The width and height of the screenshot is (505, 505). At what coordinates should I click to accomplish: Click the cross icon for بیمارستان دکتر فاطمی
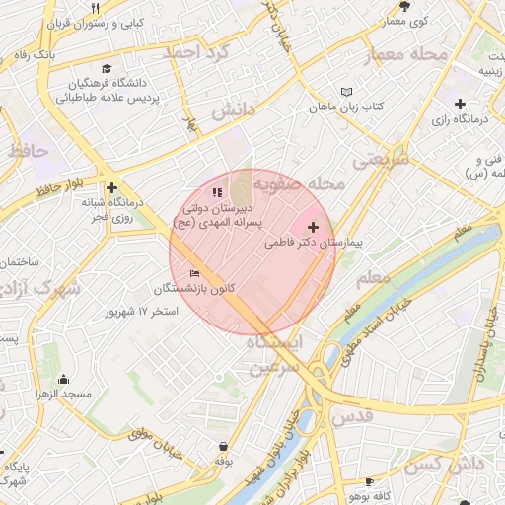[x=314, y=228]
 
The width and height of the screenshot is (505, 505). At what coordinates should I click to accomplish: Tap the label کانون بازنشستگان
[x=193, y=289]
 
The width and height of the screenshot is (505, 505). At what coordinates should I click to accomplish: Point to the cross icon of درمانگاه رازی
[x=460, y=104]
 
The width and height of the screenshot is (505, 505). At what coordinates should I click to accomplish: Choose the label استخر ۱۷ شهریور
[x=143, y=312]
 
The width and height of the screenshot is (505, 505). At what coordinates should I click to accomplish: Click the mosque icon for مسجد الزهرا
[x=64, y=379]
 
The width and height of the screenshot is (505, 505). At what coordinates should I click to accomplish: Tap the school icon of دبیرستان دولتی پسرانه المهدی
[x=218, y=192]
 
